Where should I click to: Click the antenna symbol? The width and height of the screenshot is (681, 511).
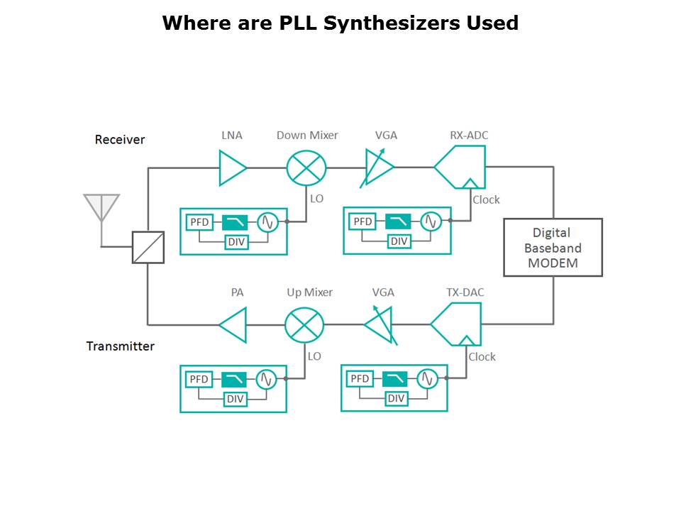[x=101, y=207]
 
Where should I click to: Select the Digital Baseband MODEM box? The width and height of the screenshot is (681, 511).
[x=553, y=247]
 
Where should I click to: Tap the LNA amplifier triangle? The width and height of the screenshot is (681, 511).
[x=232, y=167]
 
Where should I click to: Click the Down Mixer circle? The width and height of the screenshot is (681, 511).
[x=306, y=168]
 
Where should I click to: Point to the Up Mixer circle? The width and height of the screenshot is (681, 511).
[x=304, y=325]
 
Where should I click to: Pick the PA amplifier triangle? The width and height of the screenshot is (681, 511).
[x=233, y=325]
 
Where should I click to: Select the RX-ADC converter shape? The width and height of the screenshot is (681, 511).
[x=461, y=167]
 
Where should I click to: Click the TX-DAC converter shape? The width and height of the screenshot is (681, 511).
[x=458, y=324]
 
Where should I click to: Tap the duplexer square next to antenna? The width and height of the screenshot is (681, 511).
[x=148, y=247]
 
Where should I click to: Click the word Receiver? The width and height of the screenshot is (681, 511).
[x=120, y=140]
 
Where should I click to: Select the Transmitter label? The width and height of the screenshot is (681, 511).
[x=121, y=346]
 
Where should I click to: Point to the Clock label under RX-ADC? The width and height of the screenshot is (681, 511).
[x=486, y=200]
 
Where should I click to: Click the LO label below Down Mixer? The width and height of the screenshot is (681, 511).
[x=316, y=199]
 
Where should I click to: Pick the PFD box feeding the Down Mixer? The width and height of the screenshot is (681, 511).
[x=199, y=222]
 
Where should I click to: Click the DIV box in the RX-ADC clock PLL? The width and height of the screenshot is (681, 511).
[x=399, y=241]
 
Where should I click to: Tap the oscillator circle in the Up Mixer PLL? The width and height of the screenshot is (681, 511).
[x=267, y=379]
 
